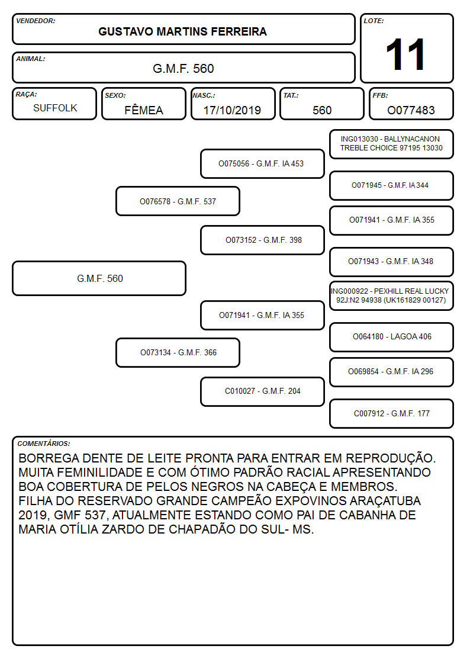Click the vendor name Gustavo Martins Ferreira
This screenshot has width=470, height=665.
point(183,32)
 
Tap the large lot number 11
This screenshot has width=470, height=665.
point(405,54)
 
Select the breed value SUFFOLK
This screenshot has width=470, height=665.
point(55,108)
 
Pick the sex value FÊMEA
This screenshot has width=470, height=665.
point(144,110)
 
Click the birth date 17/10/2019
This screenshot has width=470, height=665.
point(232,110)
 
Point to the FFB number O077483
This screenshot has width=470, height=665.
point(411,110)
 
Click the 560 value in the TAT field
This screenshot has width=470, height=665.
point(322,110)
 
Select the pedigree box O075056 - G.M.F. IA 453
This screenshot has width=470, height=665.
point(262,163)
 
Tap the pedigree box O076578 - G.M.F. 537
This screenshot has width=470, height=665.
point(178,201)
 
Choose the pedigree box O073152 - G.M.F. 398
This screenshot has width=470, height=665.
point(262,240)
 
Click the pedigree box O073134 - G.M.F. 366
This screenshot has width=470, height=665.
point(178,352)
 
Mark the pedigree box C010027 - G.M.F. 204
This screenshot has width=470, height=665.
point(262,391)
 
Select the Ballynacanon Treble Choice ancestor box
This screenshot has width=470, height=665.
point(392,144)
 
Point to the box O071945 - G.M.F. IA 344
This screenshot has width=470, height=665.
point(392,185)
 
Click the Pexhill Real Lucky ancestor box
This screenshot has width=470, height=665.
point(392,295)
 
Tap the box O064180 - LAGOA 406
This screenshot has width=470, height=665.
point(392,337)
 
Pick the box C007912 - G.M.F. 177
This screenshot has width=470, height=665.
point(392,413)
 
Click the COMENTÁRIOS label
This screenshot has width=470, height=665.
point(44,444)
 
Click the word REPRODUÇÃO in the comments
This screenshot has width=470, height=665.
point(391,458)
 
